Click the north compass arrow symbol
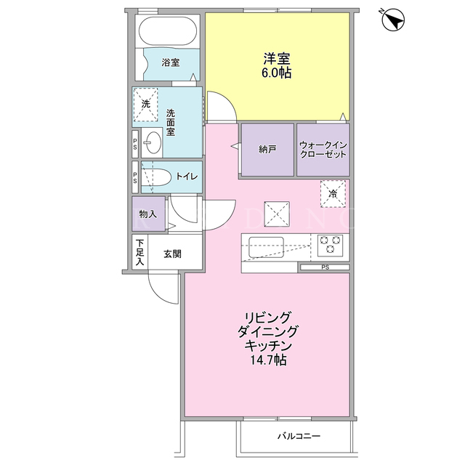coord(393,20)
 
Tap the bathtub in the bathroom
coord(168,31)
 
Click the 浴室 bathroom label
coord(171,62)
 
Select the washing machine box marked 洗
coord(145,105)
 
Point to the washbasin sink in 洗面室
coord(153,142)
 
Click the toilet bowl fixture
coord(155,177)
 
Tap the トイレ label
coord(187,177)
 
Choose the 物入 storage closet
coord(148,214)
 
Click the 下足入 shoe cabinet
coord(139,252)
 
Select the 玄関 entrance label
coord(172,254)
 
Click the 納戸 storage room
coord(267,150)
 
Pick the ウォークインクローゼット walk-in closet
coord(323,150)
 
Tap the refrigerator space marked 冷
coord(333,194)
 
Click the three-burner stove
coord(330,246)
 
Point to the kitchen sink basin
coord(266,247)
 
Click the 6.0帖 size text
coord(276,73)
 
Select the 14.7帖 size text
coord(269,360)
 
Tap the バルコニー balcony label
coord(299,436)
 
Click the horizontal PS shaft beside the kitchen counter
coord(325,267)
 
